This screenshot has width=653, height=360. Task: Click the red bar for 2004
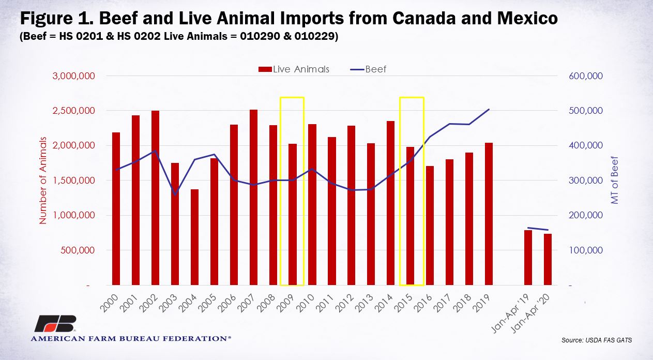[x=195, y=237]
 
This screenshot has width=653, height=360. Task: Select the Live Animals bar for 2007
[x=254, y=197]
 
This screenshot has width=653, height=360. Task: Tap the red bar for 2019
[x=489, y=214]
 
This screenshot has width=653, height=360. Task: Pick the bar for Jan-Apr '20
[x=548, y=259]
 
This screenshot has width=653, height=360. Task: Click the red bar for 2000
[x=116, y=208]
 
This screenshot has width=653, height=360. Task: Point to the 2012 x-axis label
[x=344, y=304]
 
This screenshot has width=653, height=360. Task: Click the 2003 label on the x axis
[x=168, y=304]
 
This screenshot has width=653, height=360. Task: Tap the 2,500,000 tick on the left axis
[x=74, y=111]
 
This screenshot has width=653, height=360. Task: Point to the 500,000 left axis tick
[x=78, y=250]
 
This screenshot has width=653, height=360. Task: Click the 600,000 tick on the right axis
[x=586, y=76]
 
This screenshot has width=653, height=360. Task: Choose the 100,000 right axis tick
[x=586, y=250]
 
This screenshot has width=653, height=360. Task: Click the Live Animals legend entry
[x=294, y=69]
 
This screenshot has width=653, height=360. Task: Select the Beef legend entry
[x=368, y=69]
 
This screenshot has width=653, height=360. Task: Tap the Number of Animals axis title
[x=43, y=181]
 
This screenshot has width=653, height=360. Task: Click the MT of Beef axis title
[x=614, y=180]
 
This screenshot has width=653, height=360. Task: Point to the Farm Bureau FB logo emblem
[x=56, y=323]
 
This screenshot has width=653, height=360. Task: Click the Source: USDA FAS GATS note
[x=597, y=340]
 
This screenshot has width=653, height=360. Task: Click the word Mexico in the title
[x=528, y=18]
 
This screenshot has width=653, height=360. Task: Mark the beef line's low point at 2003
[x=175, y=195]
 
